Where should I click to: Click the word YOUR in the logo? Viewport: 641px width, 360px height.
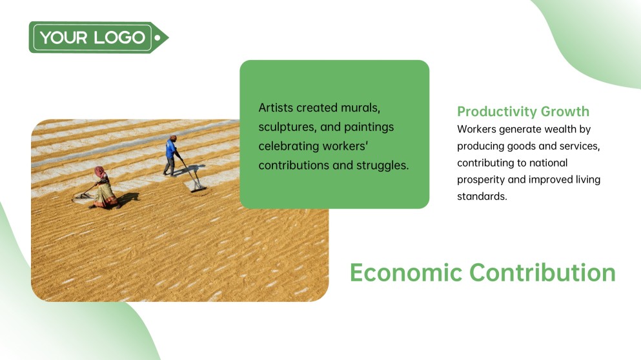(x=64, y=37)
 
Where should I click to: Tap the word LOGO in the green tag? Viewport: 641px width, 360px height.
(x=119, y=37)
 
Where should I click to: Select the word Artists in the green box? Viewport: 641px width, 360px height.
(x=276, y=107)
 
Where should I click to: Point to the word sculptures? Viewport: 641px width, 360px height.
(x=287, y=126)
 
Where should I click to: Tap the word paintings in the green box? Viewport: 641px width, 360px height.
(x=367, y=126)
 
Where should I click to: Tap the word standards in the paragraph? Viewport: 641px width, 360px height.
(x=482, y=196)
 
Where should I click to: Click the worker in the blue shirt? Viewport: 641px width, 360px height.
(x=171, y=155)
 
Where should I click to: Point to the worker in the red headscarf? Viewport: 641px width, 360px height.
(x=102, y=186)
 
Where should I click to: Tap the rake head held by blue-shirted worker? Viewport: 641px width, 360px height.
(x=198, y=188)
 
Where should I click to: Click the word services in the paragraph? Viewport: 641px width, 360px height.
(x=579, y=146)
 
